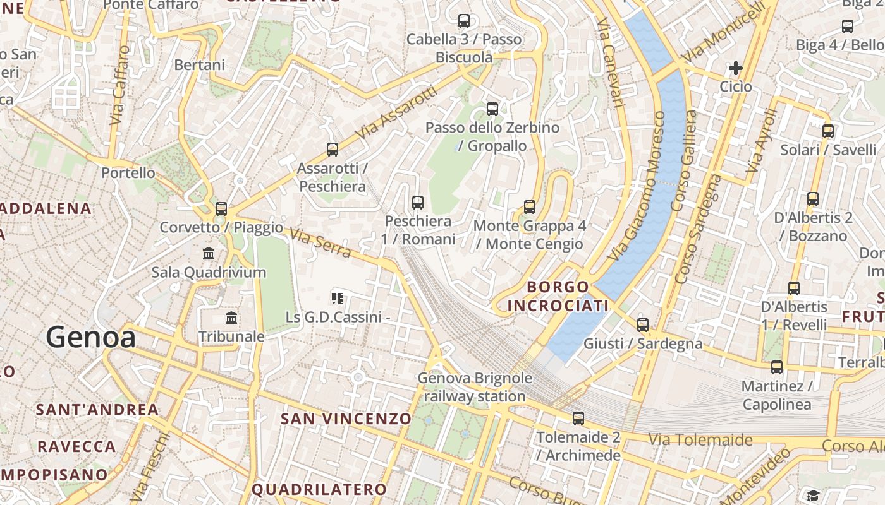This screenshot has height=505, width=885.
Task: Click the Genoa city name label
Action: [x=90, y=337]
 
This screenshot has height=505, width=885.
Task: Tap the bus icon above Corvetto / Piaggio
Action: [x=221, y=208]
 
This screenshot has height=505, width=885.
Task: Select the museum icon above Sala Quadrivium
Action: [x=209, y=254]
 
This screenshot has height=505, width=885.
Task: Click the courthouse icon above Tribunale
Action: [x=231, y=318]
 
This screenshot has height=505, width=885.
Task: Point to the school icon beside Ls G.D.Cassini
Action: [x=338, y=298]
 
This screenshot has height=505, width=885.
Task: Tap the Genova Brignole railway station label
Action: [x=475, y=387]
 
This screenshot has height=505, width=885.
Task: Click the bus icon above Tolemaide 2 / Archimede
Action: [x=578, y=418]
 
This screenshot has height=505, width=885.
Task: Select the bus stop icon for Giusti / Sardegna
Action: [x=643, y=325]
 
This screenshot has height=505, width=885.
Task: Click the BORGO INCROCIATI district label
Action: [x=558, y=296]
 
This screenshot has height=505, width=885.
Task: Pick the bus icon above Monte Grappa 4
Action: [x=530, y=206]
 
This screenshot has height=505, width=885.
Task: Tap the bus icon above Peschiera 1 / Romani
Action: [x=417, y=203]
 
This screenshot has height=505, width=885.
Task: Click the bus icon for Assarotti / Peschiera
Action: [x=333, y=150]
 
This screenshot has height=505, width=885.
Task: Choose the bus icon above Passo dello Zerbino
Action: [x=492, y=109]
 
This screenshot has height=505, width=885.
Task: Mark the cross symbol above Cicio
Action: [x=736, y=68]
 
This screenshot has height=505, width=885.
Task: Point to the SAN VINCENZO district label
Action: [x=346, y=419]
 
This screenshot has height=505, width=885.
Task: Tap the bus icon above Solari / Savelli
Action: [x=828, y=131]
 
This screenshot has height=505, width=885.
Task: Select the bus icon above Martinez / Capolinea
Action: [x=777, y=367]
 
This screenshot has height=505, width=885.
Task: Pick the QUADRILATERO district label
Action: [x=319, y=489]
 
